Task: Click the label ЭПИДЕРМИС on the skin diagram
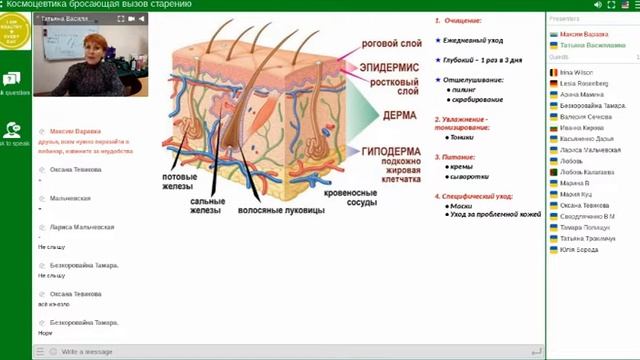pyautogui.click(x=377, y=65)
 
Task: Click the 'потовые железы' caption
pyautogui.click(x=177, y=183)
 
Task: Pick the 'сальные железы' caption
pyautogui.click(x=207, y=205)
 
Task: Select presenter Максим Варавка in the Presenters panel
pyautogui.click(x=583, y=33)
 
